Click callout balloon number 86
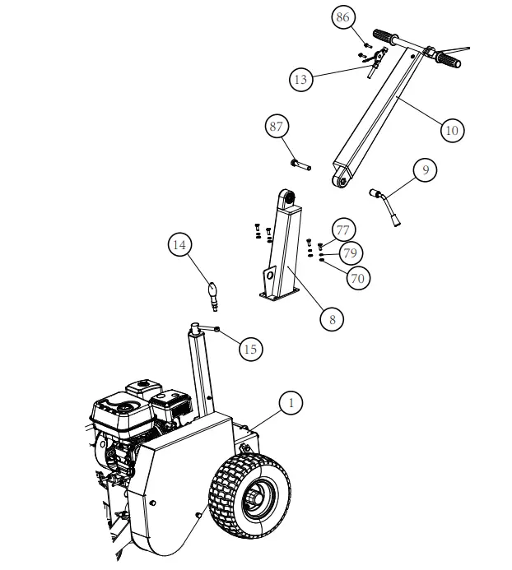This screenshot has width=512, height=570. [342, 16]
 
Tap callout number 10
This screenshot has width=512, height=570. [450, 130]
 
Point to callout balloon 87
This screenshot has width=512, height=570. [277, 127]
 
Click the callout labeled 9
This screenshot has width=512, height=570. [425, 170]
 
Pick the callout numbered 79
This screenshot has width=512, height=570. [350, 253]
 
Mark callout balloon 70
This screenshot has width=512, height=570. [357, 278]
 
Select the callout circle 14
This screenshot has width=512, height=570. [181, 244]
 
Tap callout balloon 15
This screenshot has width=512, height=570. [250, 349]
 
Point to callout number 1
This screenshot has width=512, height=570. [290, 403]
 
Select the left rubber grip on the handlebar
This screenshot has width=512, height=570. [384, 37]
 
